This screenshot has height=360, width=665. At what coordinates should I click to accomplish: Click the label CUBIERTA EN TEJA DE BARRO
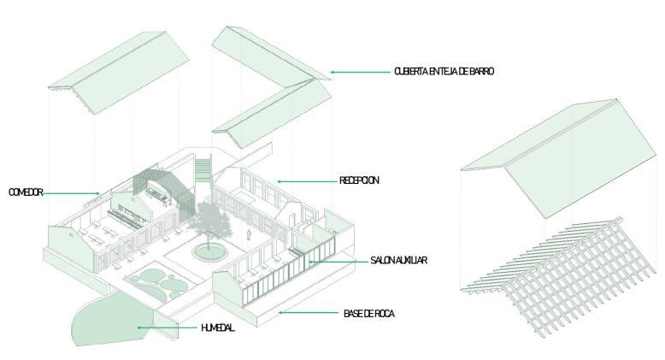coord(444,72)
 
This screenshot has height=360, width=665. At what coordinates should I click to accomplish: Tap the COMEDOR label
coord(26,192)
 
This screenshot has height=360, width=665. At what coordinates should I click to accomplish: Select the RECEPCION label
coord(358,180)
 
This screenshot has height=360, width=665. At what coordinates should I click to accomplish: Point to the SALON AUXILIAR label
coord(398,259)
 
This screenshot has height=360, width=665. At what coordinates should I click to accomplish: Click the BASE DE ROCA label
coord(369,314)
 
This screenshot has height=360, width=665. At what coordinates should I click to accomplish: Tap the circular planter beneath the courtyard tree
coord(207,251)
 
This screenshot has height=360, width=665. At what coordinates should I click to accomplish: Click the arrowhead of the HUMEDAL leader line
coord(138,328)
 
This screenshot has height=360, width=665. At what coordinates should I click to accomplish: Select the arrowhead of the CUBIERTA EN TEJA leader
coord(332,73)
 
